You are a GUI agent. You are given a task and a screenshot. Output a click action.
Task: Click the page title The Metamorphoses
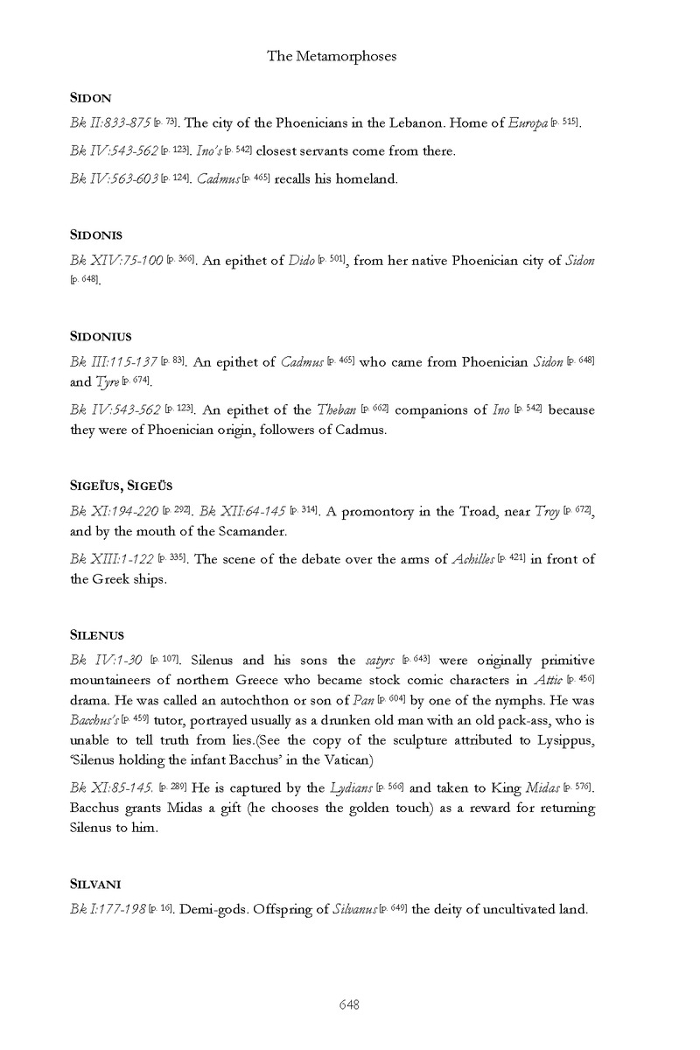click(332, 56)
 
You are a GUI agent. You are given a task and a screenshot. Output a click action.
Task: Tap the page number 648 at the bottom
click(349, 1004)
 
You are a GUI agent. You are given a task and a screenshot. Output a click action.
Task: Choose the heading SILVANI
click(96, 883)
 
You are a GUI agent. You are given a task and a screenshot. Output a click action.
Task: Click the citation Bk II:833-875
click(112, 122)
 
